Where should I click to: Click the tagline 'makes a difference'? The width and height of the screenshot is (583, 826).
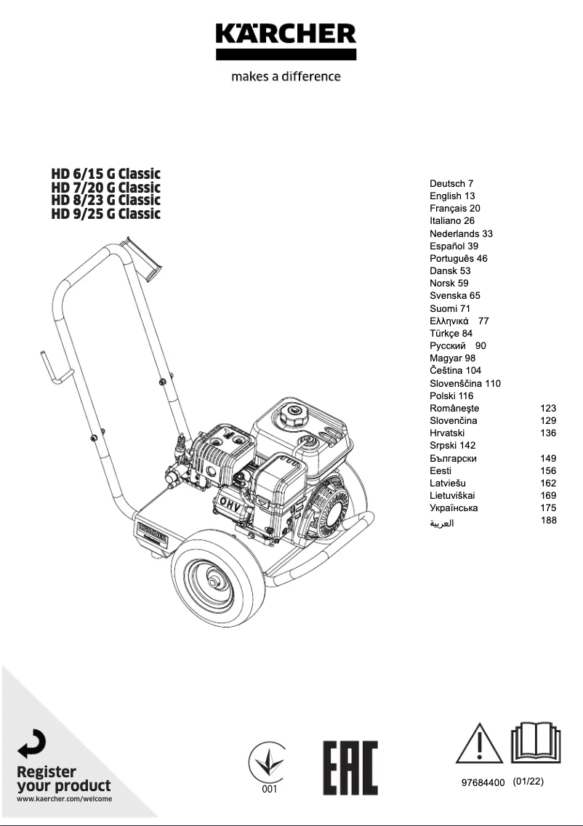[x=285, y=76]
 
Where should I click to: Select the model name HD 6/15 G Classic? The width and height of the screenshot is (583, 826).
[x=105, y=174]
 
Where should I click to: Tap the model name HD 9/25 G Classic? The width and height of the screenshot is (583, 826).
[x=105, y=214]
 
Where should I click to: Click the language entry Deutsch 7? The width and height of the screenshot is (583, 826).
[x=451, y=184]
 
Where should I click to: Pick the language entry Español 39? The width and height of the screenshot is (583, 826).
[x=454, y=246]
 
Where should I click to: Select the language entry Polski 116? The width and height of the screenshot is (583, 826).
[x=451, y=396]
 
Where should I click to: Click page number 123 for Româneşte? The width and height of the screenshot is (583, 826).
[x=548, y=409]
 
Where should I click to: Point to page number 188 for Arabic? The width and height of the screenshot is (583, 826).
[x=548, y=521]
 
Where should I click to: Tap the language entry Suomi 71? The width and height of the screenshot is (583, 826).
[x=450, y=309]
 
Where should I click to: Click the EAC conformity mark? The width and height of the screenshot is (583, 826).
[x=350, y=769]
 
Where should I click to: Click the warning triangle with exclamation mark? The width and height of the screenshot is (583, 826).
[x=479, y=744]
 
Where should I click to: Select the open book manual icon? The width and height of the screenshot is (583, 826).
[x=535, y=742]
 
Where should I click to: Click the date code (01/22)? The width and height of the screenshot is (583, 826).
[x=528, y=782]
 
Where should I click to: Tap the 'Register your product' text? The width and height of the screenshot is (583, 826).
[x=64, y=779]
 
